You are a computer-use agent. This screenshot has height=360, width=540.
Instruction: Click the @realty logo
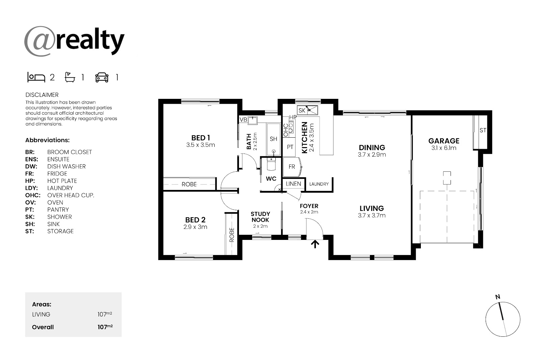tap(74, 41)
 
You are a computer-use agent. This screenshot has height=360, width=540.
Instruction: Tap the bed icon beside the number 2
tap(36, 77)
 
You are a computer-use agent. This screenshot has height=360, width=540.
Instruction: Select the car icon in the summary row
tap(102, 77)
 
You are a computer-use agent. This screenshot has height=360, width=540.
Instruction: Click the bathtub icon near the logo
tap(70, 77)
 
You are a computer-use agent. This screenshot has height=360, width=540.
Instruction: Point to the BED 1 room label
tap(200, 138)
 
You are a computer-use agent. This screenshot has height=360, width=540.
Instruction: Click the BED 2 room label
tap(195, 220)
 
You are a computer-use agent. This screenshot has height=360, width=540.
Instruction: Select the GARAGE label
tap(444, 141)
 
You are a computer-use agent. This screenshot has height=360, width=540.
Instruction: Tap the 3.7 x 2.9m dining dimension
tap(372, 155)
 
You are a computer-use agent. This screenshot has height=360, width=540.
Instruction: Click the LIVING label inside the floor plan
tap(372, 208)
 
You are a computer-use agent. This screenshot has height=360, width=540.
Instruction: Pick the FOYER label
tap(309, 206)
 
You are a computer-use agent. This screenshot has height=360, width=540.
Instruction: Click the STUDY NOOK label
tap(260, 217)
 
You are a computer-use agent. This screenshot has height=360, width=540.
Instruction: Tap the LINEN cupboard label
tap(293, 184)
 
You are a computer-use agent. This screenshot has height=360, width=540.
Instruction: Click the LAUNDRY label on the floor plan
tap(319, 184)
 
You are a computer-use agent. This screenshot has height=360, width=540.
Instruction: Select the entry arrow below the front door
tap(315, 244)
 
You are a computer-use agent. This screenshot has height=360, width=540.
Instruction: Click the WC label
tap(271, 178)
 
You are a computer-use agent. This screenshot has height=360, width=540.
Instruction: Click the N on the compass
tap(497, 297)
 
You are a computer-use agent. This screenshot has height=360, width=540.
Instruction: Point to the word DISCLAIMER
tap(42, 95)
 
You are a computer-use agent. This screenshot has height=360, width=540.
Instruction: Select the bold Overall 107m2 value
tap(105, 327)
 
